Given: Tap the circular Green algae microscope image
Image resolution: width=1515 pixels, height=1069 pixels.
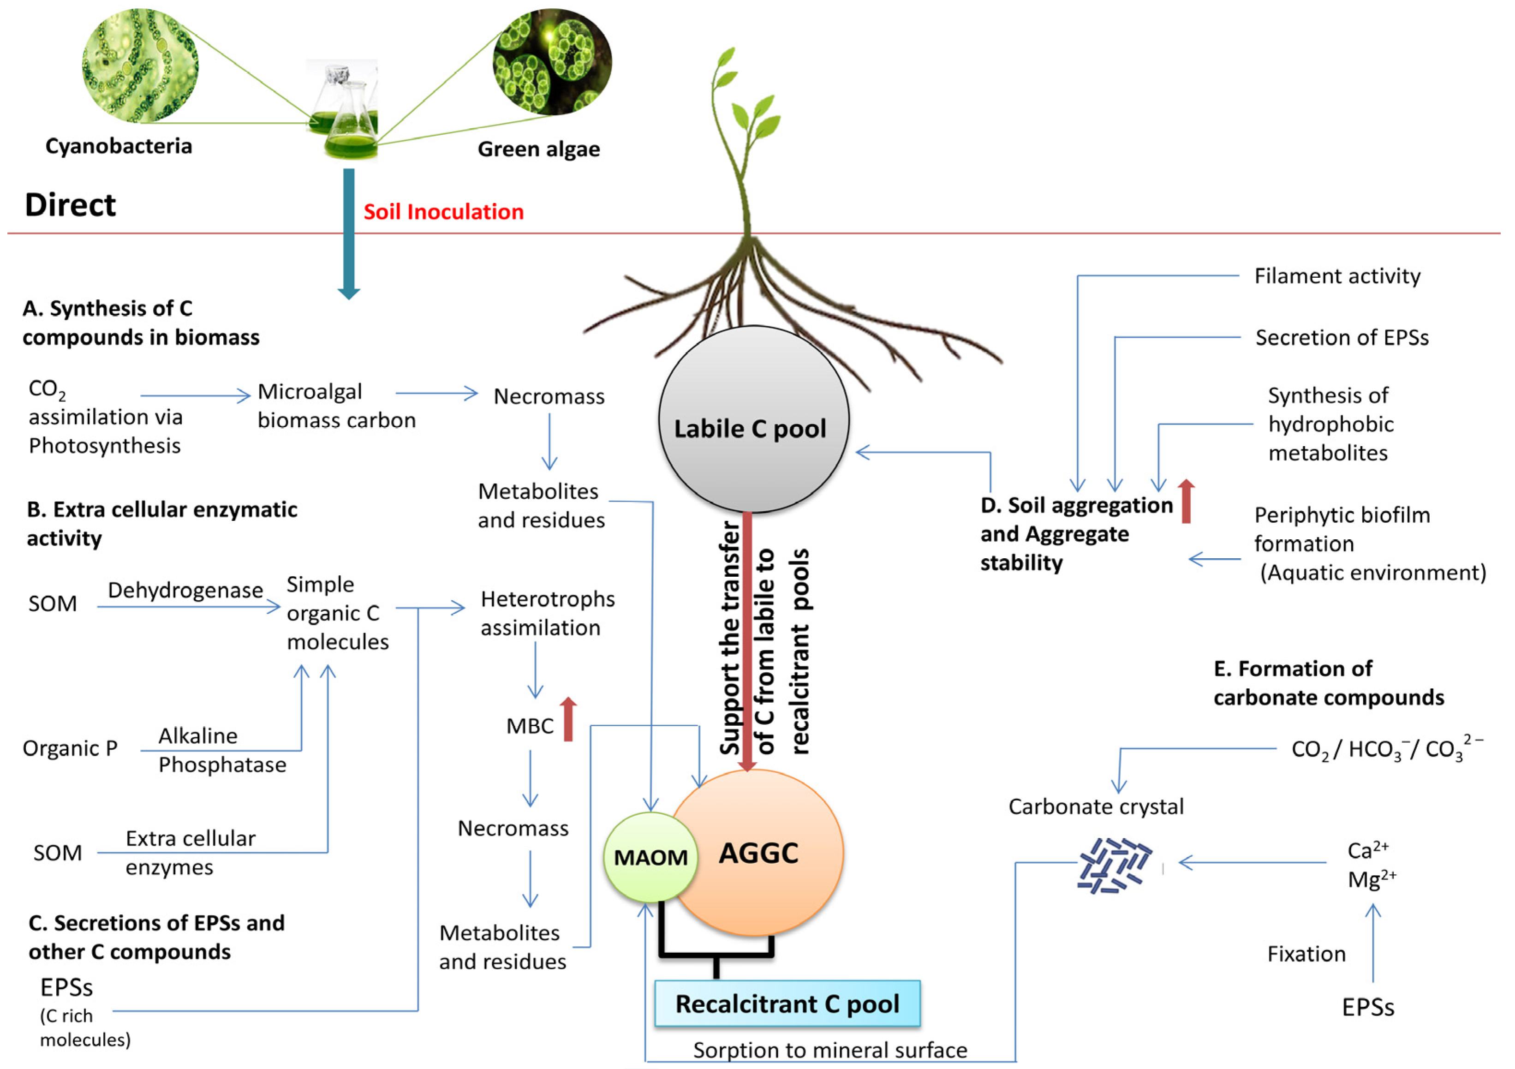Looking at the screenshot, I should pos(552,61).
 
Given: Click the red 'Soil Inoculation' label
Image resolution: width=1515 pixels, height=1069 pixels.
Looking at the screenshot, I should pos(443,212).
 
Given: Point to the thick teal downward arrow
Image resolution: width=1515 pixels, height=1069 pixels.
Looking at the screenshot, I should pos(348,231).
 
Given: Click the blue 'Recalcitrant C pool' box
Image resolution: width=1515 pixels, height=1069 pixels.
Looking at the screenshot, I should pos(787,1003).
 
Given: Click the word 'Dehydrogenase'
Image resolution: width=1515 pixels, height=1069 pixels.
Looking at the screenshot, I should pos(185,590).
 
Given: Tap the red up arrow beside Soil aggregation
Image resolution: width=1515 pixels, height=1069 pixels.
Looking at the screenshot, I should pos(1186,502).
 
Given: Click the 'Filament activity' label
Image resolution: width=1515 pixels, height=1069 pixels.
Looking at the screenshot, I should pos(1337,276).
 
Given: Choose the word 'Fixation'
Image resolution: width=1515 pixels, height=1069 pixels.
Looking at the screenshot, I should pos(1306,954).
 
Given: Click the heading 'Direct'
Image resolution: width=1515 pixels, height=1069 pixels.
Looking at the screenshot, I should pos(70,204).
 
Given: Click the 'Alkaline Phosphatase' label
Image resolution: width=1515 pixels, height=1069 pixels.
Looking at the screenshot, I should pos(222,750).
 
